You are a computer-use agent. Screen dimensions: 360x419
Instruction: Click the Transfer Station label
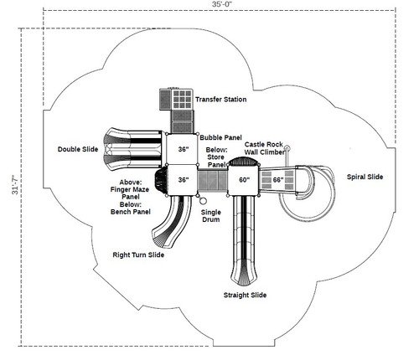pyautogui.click(x=220, y=100)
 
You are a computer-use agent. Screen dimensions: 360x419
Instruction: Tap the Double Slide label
pyautogui.click(x=77, y=149)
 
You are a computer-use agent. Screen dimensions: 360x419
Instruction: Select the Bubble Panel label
pyautogui.click(x=220, y=136)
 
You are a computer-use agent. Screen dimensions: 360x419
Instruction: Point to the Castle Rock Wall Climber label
pyautogui.click(x=264, y=148)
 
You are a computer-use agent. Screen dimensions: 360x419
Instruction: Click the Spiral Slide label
pyautogui.click(x=365, y=177)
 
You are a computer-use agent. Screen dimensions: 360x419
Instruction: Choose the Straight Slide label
pyautogui.click(x=246, y=295)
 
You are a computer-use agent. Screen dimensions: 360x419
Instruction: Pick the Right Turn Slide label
pyautogui.click(x=139, y=255)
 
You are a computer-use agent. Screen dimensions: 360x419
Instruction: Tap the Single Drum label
pyautogui.click(x=211, y=217)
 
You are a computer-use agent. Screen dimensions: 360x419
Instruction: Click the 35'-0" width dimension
pyautogui.click(x=209, y=7)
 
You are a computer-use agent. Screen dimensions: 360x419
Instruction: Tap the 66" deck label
pyautogui.click(x=277, y=179)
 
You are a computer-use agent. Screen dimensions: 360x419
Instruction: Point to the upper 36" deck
pyautogui.click(x=184, y=149)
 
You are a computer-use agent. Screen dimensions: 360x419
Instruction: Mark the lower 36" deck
pyautogui.click(x=184, y=179)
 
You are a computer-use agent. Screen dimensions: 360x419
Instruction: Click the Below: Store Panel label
pyautogui.click(x=217, y=157)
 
